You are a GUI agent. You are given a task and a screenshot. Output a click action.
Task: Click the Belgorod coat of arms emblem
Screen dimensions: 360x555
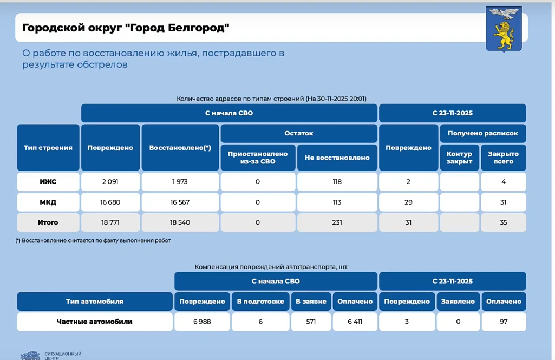(x=504, y=29)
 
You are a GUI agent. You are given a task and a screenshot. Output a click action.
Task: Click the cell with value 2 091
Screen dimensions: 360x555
(x=110, y=182)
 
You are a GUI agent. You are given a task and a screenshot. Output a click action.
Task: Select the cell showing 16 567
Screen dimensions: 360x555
(x=180, y=202)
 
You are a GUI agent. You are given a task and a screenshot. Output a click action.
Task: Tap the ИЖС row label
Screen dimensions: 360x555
(x=48, y=182)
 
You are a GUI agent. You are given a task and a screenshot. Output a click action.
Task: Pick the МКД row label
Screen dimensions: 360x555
(x=48, y=202)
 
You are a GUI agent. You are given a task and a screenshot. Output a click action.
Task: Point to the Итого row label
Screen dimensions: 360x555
(x=48, y=222)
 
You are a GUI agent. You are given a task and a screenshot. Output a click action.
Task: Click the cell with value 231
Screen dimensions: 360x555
(x=337, y=222)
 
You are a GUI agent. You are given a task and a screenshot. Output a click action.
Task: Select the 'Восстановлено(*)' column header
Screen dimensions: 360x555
(x=180, y=148)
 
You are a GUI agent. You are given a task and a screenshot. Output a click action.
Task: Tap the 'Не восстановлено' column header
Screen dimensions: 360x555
(x=337, y=158)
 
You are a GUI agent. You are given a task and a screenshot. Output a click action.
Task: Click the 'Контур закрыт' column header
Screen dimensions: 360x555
(x=459, y=158)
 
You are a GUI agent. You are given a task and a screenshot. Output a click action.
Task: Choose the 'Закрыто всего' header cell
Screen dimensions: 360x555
(x=504, y=158)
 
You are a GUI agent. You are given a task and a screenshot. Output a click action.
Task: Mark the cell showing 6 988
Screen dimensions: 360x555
(x=202, y=322)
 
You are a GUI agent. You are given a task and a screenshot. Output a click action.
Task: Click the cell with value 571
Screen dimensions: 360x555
(x=311, y=322)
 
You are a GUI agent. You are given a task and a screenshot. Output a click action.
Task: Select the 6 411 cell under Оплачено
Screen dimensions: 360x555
(x=355, y=322)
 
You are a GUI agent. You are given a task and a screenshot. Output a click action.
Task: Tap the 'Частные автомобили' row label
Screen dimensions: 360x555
(x=95, y=322)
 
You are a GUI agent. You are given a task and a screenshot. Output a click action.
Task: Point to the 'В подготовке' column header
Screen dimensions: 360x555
(x=260, y=302)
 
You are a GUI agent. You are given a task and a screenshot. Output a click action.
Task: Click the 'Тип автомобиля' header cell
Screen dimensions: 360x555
(x=95, y=302)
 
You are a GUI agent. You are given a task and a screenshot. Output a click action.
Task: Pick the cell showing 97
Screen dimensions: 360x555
(x=504, y=322)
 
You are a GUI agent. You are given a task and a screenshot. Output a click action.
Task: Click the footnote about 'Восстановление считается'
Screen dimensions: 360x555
(x=93, y=240)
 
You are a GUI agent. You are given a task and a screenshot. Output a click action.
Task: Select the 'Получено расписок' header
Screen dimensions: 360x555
(x=482, y=133)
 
